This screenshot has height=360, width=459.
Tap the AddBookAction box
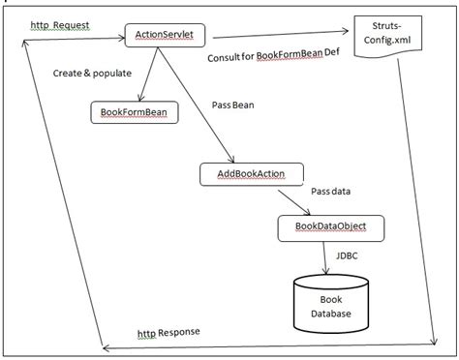click(252, 174)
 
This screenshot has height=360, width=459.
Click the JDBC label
click(349, 256)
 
